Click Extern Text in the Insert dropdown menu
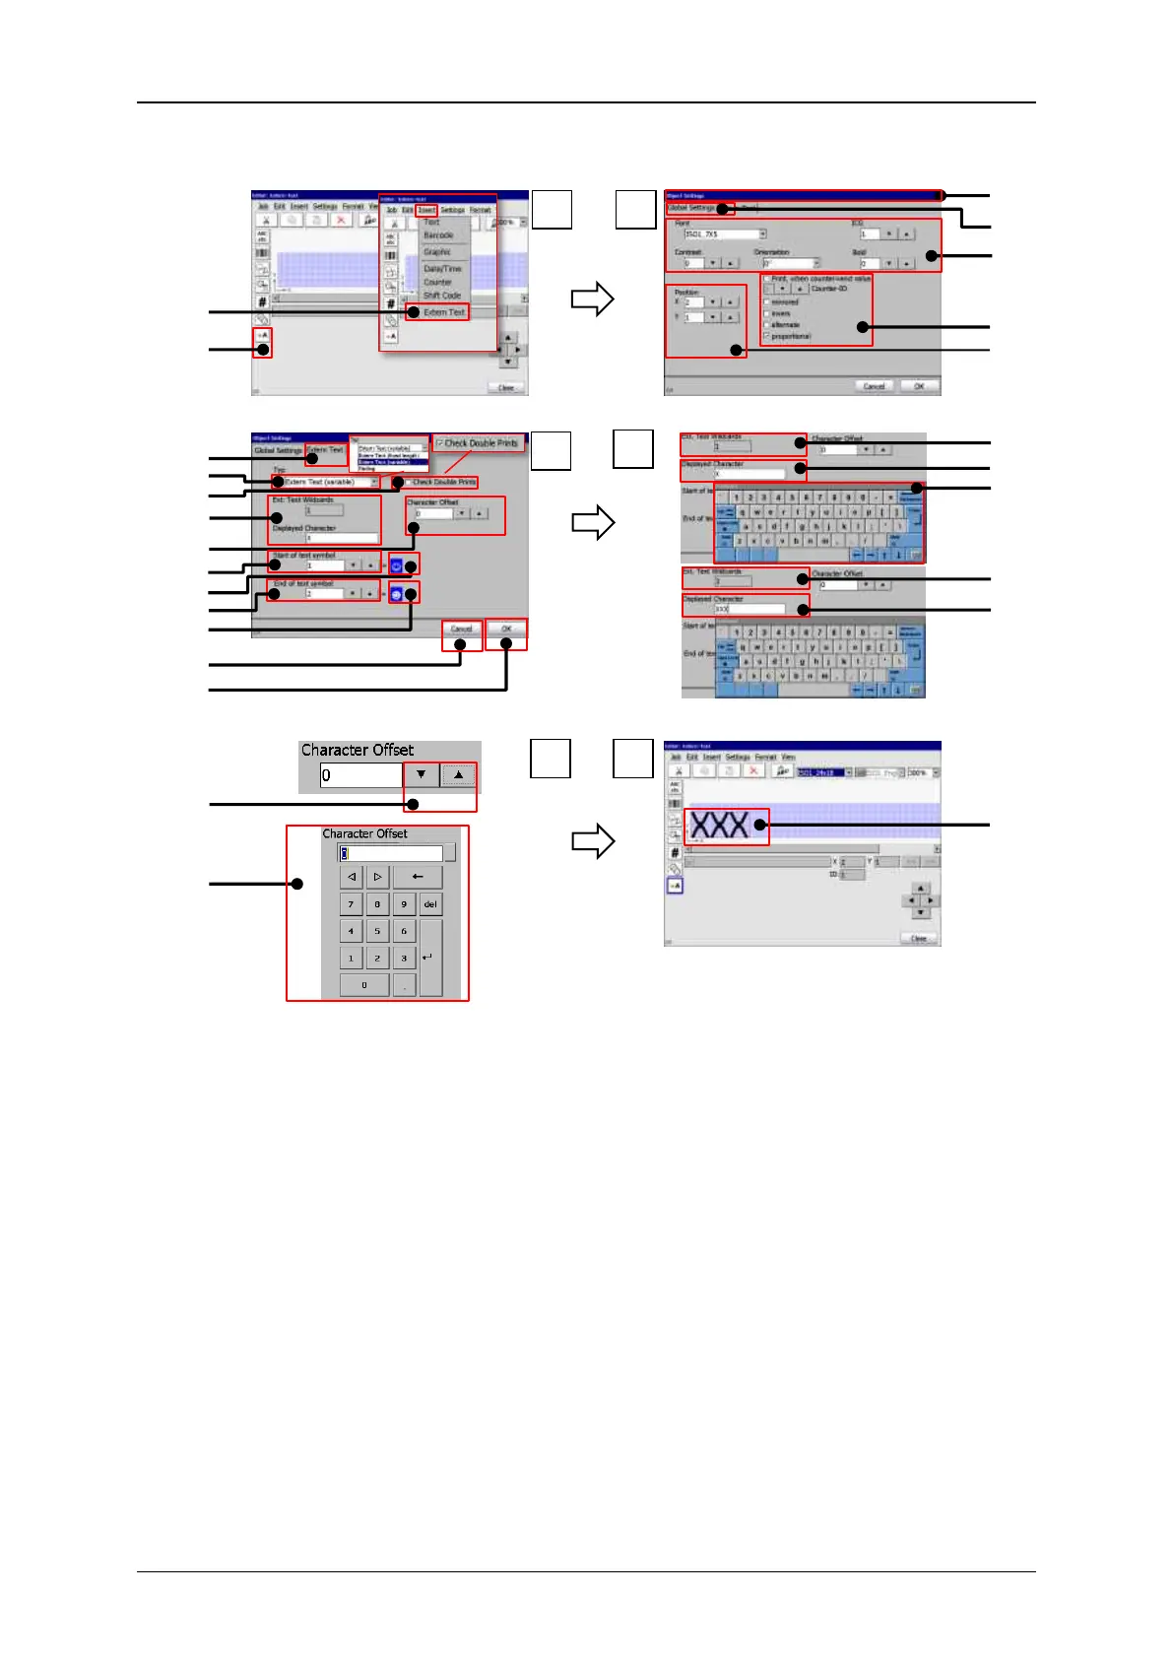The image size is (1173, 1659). pyautogui.click(x=443, y=312)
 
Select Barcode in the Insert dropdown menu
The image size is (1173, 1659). pyautogui.click(x=438, y=236)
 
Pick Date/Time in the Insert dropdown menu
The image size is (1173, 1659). pyautogui.click(x=442, y=268)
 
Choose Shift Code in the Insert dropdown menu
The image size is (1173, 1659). pyautogui.click(x=442, y=296)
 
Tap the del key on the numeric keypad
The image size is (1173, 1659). pyautogui.click(x=430, y=904)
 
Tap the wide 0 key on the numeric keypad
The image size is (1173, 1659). pyautogui.click(x=364, y=985)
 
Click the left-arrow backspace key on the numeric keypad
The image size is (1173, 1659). pyautogui.click(x=418, y=877)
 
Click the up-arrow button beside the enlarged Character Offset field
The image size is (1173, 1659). pyautogui.click(x=458, y=775)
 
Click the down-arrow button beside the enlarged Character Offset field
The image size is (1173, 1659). pyautogui.click(x=422, y=775)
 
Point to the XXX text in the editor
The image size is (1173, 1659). pyautogui.click(x=720, y=825)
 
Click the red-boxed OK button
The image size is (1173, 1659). pyautogui.click(x=506, y=629)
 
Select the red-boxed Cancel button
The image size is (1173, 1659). pyautogui.click(x=461, y=629)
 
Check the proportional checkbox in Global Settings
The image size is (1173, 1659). pyautogui.click(x=767, y=336)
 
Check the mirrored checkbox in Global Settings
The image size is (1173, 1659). pyautogui.click(x=767, y=302)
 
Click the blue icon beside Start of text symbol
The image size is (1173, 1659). pyautogui.click(x=396, y=565)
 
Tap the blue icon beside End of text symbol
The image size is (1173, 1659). pyautogui.click(x=396, y=594)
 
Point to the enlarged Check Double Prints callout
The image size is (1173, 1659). pyautogui.click(x=479, y=443)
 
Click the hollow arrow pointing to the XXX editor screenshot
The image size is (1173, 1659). pyautogui.click(x=593, y=842)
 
